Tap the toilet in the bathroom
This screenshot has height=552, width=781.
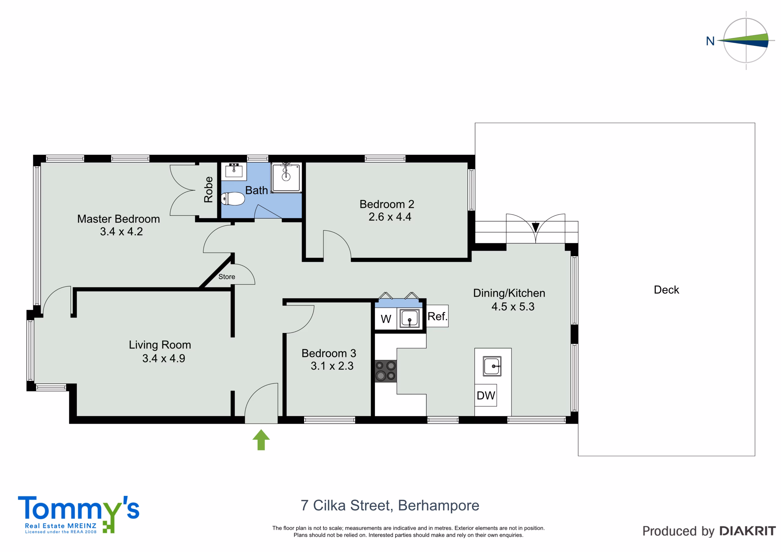click(233, 199)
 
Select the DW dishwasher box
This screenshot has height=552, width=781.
click(486, 395)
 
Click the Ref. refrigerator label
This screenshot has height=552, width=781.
click(437, 316)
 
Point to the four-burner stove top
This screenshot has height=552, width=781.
click(386, 371)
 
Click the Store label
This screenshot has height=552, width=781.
click(227, 277)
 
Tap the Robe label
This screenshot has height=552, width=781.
click(208, 189)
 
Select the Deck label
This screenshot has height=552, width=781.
click(666, 290)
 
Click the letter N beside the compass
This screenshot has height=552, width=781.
click(710, 41)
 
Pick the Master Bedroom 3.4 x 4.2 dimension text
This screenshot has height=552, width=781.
click(121, 231)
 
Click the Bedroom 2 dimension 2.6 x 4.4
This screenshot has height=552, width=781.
click(390, 217)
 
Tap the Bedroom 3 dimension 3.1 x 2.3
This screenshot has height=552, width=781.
click(332, 366)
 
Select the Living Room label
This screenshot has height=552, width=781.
click(160, 345)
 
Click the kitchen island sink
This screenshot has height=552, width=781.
click(492, 366)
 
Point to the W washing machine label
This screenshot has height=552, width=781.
click(386, 319)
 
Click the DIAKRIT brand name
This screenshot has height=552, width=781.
click(748, 531)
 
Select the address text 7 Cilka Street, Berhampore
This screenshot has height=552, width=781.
click(390, 506)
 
